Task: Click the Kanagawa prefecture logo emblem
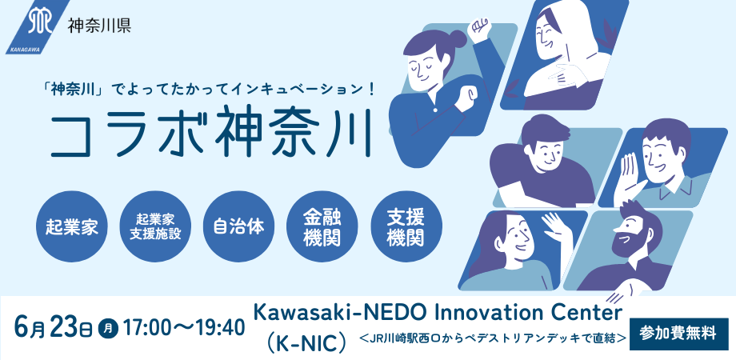(38, 26)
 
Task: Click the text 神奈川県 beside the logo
(99, 25)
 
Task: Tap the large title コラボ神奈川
(210, 133)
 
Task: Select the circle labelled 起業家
(71, 226)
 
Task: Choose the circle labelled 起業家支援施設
(155, 226)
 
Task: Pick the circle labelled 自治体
(238, 226)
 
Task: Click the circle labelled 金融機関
(322, 226)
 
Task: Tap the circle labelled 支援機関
(406, 226)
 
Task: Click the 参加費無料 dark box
(678, 334)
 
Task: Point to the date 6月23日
(53, 327)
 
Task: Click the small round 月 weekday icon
(107, 328)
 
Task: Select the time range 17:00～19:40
(183, 328)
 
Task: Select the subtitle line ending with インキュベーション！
(208, 88)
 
